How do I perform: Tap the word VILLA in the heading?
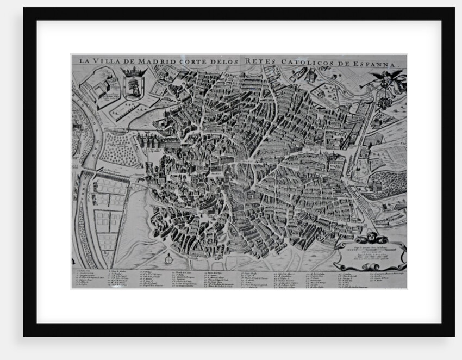105,61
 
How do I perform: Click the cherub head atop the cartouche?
371,238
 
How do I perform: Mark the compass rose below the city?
168,259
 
